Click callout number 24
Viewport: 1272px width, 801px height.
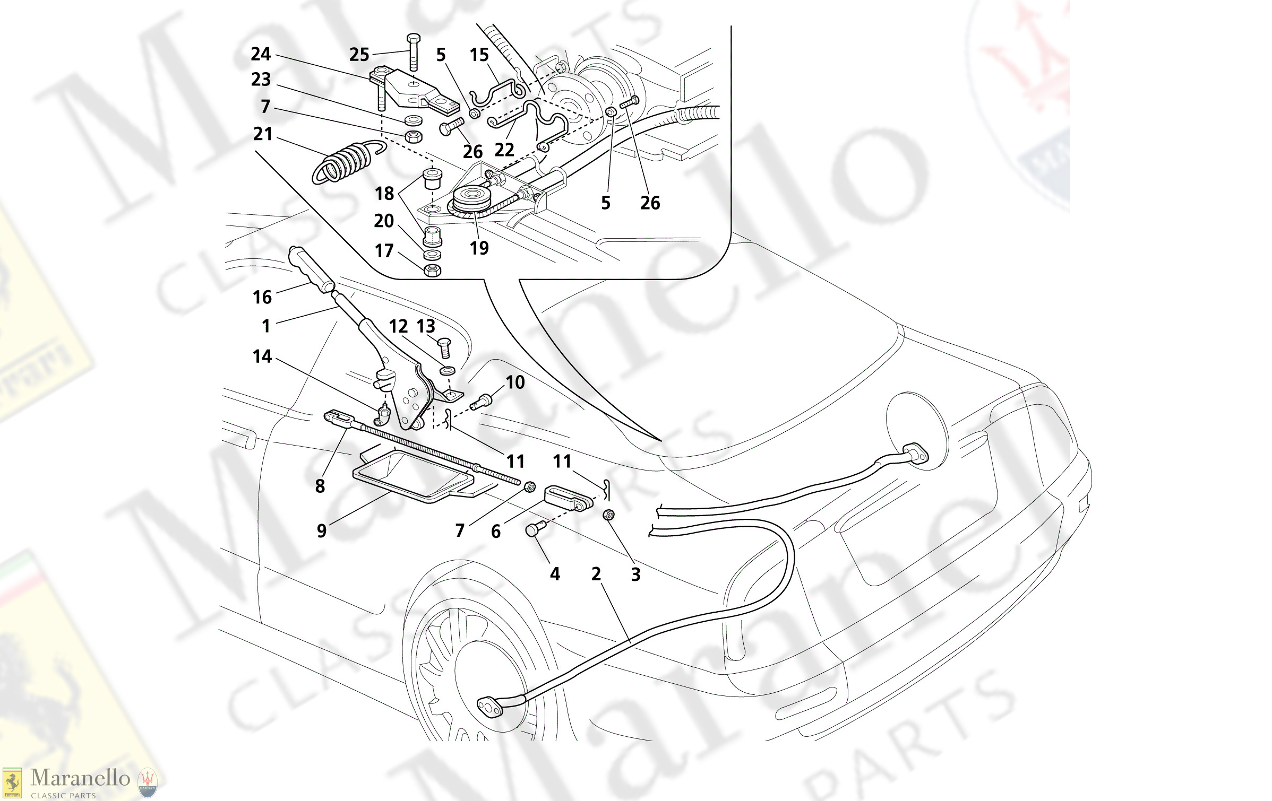click(x=261, y=54)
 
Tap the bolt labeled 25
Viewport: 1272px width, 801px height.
click(x=414, y=53)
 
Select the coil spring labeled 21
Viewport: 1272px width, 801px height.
click(x=345, y=162)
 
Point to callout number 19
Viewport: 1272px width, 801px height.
click(x=479, y=248)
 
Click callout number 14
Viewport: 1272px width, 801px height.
click(x=262, y=356)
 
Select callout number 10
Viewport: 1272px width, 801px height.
click(x=515, y=382)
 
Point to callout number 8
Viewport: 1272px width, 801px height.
click(x=320, y=486)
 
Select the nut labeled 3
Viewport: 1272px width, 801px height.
click(x=609, y=515)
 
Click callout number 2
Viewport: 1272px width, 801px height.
click(x=596, y=574)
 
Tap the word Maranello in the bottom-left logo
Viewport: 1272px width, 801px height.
click(x=80, y=778)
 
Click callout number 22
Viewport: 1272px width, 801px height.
click(x=504, y=150)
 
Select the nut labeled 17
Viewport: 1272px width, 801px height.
click(x=433, y=271)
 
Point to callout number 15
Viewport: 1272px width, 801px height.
click(x=479, y=55)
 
